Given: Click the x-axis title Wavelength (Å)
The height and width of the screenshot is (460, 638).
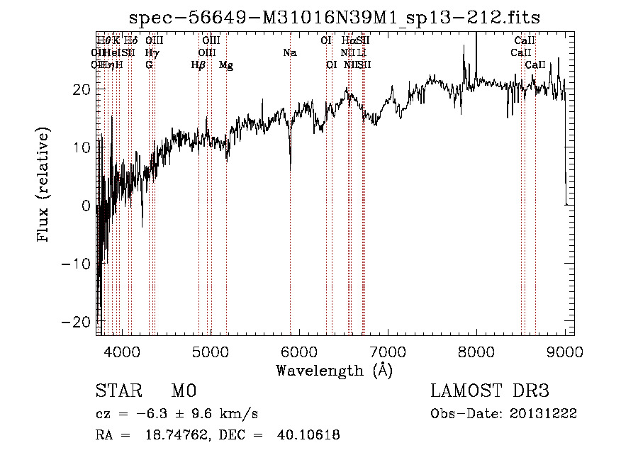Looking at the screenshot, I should pos(334,370).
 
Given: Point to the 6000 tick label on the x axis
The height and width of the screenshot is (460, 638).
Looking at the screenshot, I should pos(298,352).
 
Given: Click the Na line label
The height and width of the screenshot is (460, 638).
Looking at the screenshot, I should pos(289,52).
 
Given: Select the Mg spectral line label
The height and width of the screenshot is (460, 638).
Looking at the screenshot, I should pos(226,65).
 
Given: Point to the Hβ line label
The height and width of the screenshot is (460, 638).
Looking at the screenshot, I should pos(198,65).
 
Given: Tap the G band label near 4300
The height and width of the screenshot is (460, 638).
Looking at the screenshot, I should pos(149,65).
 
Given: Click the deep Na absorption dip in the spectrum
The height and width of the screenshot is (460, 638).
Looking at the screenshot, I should pos(290,164).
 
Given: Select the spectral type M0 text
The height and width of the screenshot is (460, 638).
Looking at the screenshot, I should pos(183,391).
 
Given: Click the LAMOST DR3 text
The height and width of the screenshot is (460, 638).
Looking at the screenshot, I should pos(489,391).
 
